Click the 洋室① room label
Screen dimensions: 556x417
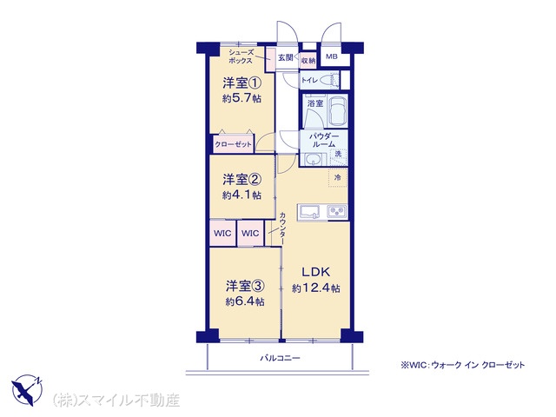tap(242, 83)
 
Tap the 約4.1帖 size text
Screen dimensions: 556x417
tap(242, 195)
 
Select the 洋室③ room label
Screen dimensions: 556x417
tap(245, 286)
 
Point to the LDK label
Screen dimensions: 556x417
tap(315, 272)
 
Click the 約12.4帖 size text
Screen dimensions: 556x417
tap(316, 288)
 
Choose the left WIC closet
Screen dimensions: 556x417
tap(222, 234)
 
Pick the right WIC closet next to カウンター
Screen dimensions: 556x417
tap(250, 234)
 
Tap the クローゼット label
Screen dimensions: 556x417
tap(234, 145)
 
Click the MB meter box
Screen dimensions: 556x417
tap(332, 56)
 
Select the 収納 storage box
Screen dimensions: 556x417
tap(308, 61)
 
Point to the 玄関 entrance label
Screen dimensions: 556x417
tap(286, 57)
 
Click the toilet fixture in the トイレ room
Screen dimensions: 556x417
tap(328, 80)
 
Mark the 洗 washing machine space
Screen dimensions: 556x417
tap(339, 155)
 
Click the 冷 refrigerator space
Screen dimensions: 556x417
tap(338, 177)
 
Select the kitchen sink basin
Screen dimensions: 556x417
tap(310, 212)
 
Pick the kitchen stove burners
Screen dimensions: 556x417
tap(336, 212)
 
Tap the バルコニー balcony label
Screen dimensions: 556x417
tap(280, 358)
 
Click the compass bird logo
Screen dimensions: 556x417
tap(27, 389)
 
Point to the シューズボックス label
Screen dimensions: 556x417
tap(241, 56)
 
